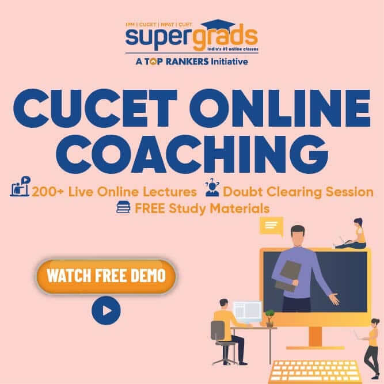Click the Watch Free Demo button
tap(106, 276)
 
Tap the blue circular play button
tap(106, 310)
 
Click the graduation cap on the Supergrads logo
tap(218, 25)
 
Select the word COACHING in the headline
tap(192, 154)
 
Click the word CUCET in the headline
tap(95, 108)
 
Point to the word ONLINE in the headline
tap(280, 108)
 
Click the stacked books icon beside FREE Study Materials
tap(123, 207)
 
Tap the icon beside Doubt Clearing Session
tap(212, 187)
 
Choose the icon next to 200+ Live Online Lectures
tap(20, 187)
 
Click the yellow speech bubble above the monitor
tap(272, 226)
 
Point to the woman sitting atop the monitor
tap(353, 233)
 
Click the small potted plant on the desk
tap(269, 318)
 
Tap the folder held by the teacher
tap(288, 276)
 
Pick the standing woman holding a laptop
tap(370, 348)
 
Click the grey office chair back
tap(218, 330)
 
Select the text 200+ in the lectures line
tap(48, 192)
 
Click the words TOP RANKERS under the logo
tap(176, 61)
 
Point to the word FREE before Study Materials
tap(150, 208)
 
